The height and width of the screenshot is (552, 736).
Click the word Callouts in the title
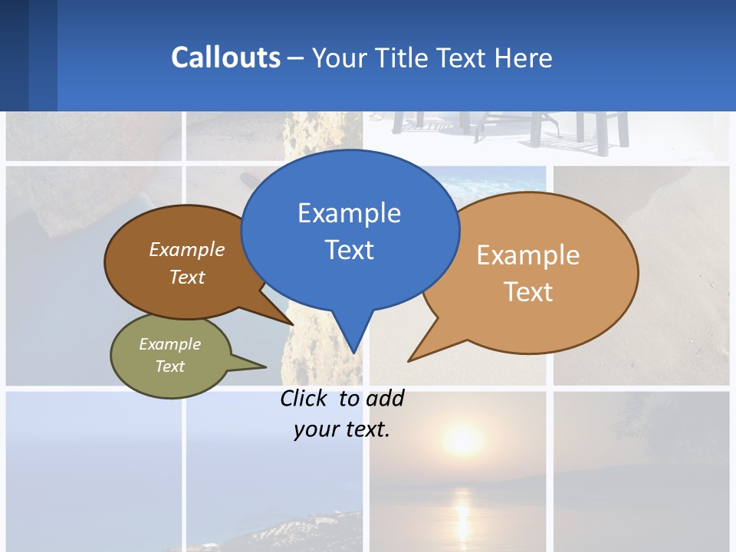[225, 58]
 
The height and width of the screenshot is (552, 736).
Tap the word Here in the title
[524, 58]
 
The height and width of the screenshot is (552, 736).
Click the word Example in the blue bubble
[349, 213]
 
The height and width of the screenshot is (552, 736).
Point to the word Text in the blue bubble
[349, 250]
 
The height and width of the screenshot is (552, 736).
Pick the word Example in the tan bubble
[528, 255]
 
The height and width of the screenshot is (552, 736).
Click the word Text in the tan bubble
[528, 292]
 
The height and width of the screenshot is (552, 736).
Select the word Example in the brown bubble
[187, 249]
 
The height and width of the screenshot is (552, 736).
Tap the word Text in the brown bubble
[187, 277]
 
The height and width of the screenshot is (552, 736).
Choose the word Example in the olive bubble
[170, 344]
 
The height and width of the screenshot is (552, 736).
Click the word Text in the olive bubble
[170, 366]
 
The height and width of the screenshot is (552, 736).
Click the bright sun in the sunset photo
[462, 439]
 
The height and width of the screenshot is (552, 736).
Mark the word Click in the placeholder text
[303, 399]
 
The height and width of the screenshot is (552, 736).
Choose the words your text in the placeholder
[342, 429]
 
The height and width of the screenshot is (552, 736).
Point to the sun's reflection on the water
[462, 510]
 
